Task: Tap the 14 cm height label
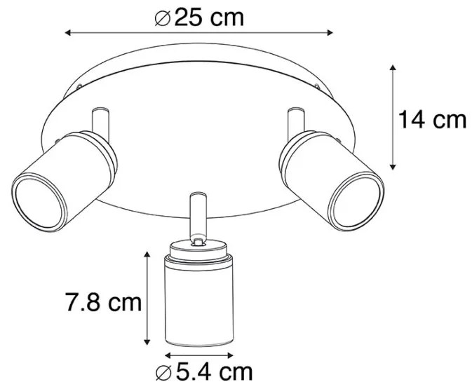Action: pos(432,120)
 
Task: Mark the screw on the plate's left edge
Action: pos(79,88)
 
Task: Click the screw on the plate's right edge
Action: pos(321,88)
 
